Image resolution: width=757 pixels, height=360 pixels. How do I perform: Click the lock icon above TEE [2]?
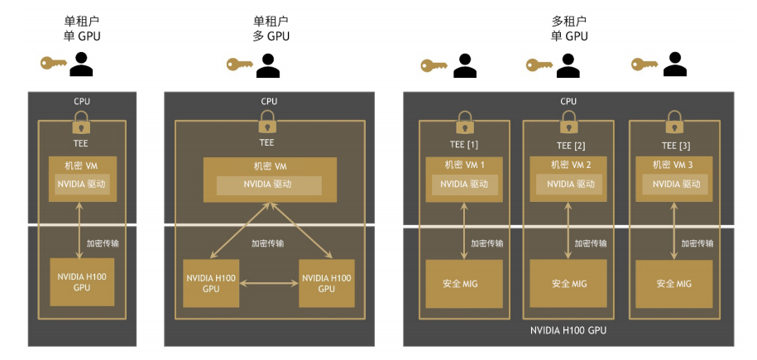[568, 121]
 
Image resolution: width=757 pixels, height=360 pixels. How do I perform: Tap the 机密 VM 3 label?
[672, 164]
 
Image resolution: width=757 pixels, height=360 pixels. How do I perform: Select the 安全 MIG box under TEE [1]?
[464, 284]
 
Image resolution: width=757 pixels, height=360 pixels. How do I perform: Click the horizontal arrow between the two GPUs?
[269, 283]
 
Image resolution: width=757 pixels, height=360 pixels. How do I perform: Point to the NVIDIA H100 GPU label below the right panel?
[568, 330]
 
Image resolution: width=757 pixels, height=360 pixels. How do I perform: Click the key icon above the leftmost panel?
[55, 63]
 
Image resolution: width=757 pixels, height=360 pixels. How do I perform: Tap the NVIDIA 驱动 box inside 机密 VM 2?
[568, 184]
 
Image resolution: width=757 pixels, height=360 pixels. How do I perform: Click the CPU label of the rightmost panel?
[568, 101]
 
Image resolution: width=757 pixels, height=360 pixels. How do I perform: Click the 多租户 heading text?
[568, 21]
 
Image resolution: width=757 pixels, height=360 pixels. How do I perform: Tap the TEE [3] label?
[673, 145]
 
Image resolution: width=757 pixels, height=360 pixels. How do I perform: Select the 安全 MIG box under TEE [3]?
[673, 284]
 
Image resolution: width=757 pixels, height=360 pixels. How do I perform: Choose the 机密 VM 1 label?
[464, 164]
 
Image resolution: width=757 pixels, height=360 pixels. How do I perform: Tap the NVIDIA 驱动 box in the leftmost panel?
[81, 184]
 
